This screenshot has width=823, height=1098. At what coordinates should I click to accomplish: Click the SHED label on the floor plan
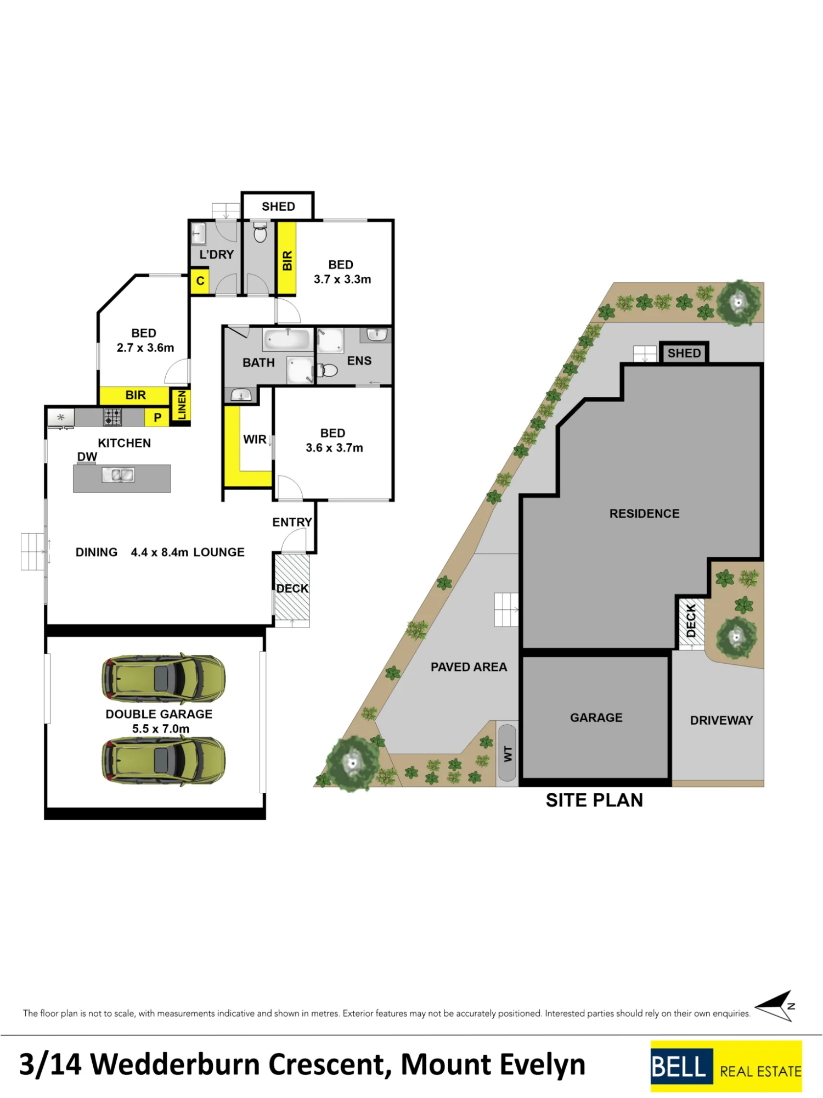(278, 206)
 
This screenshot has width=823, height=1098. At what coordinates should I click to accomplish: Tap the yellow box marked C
(200, 281)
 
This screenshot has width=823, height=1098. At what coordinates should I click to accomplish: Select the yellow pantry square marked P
(157, 417)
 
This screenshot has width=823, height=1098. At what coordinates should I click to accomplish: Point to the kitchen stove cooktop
(112, 417)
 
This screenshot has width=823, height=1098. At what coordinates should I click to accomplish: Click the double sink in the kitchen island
(119, 475)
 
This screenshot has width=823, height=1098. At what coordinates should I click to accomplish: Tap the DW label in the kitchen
(87, 457)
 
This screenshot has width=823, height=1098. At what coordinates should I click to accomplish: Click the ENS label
(359, 361)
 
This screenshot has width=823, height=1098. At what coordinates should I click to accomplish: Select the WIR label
(255, 439)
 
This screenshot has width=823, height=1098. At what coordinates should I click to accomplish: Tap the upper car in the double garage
(164, 679)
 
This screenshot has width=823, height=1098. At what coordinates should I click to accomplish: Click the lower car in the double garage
(164, 760)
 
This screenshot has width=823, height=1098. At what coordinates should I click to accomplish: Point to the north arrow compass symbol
(776, 1006)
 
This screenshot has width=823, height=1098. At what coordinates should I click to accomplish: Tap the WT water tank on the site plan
(508, 753)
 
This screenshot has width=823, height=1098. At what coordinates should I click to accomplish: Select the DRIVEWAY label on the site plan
(721, 720)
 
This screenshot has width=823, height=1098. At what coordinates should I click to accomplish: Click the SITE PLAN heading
(594, 800)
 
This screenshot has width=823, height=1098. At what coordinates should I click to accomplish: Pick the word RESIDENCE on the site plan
(645, 513)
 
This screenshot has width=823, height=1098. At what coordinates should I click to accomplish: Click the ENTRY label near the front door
(292, 522)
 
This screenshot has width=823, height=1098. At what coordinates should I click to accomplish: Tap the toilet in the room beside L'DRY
(261, 233)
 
